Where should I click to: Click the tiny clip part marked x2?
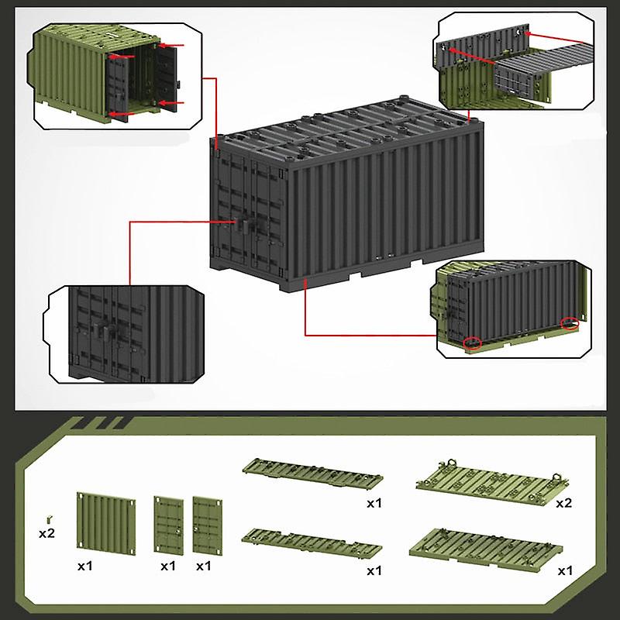pos(48,516)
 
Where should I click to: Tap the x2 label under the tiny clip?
pos(46,533)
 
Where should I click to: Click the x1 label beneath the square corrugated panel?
pos(85,567)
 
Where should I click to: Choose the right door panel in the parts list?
pos(205,523)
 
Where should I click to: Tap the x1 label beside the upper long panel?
pos(374,503)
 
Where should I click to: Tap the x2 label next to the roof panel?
pos(564,503)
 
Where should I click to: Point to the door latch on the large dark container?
pos(245,226)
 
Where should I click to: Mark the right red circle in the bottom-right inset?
pos(570,323)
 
